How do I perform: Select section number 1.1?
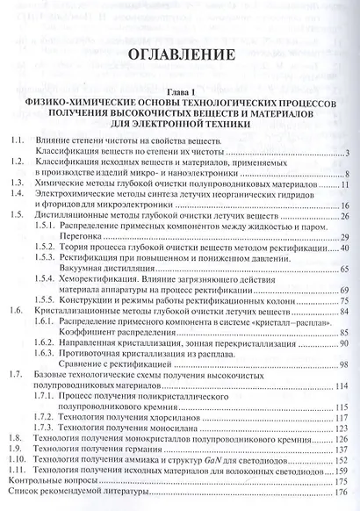pyautogui.click(x=13, y=140)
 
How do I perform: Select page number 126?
pyautogui.click(x=342, y=435)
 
